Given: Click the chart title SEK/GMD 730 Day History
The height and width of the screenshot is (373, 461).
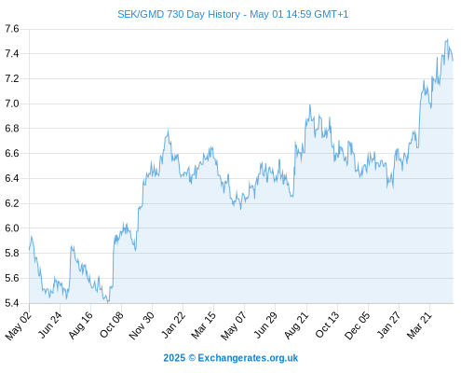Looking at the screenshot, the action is pos(179,14).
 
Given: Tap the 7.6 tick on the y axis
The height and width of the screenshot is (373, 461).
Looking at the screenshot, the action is pos(12,29).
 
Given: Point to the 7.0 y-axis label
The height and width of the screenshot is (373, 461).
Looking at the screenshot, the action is pos(12,104).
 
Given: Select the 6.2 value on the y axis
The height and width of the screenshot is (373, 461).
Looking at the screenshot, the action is pos(12,203).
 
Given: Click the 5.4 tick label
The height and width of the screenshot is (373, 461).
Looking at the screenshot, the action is pos(12,303).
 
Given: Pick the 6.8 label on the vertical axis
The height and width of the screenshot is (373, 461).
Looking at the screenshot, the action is pos(12,129).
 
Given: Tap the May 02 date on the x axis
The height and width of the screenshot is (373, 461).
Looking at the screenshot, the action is pos(19,325).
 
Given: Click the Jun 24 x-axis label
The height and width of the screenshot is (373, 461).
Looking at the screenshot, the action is pos(50,325).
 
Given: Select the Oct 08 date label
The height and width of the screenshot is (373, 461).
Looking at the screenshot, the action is pos(112,325).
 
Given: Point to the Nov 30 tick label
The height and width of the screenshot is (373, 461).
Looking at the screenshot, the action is pos(142,325).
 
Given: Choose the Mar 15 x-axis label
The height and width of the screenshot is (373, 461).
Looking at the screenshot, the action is pos(203,325).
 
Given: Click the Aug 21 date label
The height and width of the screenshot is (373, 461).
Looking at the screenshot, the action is pos(297,325).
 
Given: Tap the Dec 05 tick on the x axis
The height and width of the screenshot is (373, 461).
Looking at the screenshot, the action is pos(358,325).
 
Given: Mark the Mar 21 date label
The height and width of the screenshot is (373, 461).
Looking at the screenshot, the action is pos(419,325).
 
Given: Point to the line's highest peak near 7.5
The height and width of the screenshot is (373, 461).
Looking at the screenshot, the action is pos(447,39).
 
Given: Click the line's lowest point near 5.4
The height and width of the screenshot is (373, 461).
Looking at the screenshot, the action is pos(108,302).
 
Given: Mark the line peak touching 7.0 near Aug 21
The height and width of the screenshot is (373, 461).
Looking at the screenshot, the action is pos(309,105).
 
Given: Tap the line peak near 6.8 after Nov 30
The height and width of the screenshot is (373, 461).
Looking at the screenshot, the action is pos(169,131).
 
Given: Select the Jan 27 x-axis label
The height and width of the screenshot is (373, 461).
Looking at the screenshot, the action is pos(388,325).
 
